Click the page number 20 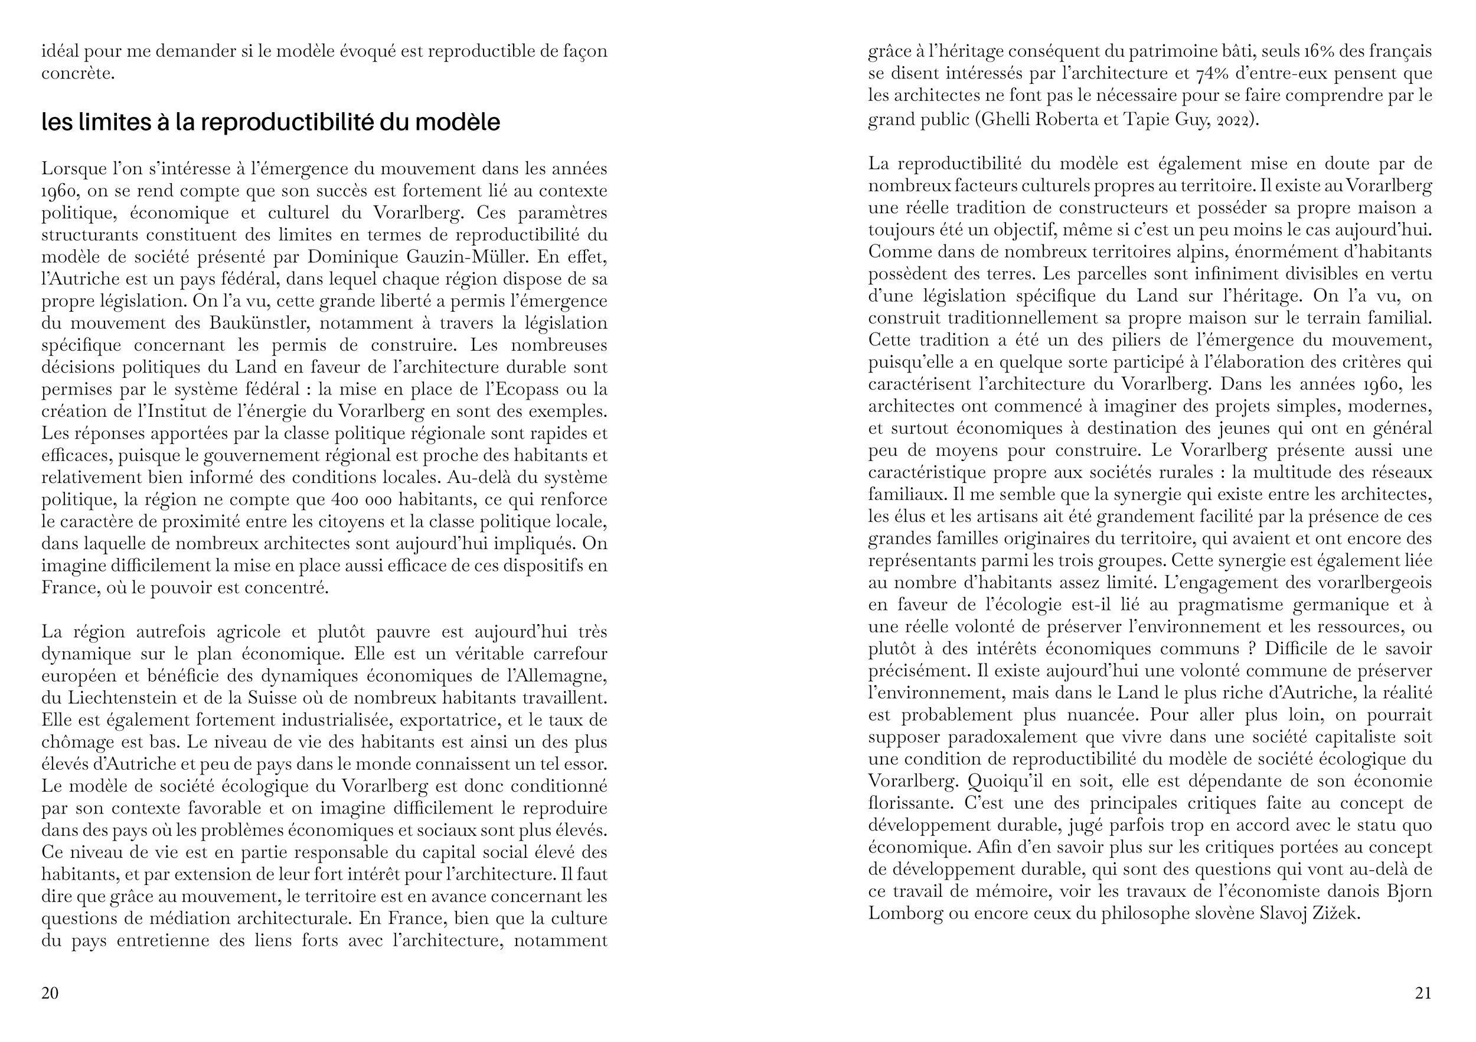pos(50,993)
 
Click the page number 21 pos(1423,993)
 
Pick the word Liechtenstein pos(111,698)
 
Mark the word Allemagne pos(565,675)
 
